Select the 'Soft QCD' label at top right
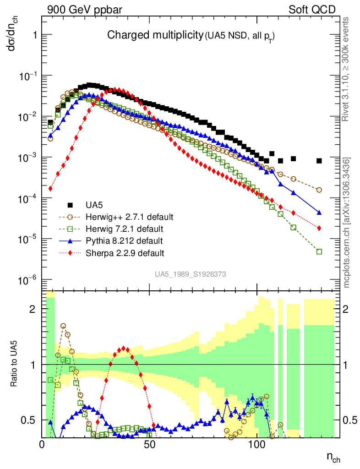tap(312, 10)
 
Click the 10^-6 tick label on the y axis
tap(27, 280)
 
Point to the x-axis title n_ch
tap(333, 457)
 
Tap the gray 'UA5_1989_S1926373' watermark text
tap(190, 274)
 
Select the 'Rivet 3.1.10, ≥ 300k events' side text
tap(347, 69)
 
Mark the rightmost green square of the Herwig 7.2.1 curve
tap(319, 251)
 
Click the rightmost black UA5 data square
tap(319, 161)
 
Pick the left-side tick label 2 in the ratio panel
tap(32, 309)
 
